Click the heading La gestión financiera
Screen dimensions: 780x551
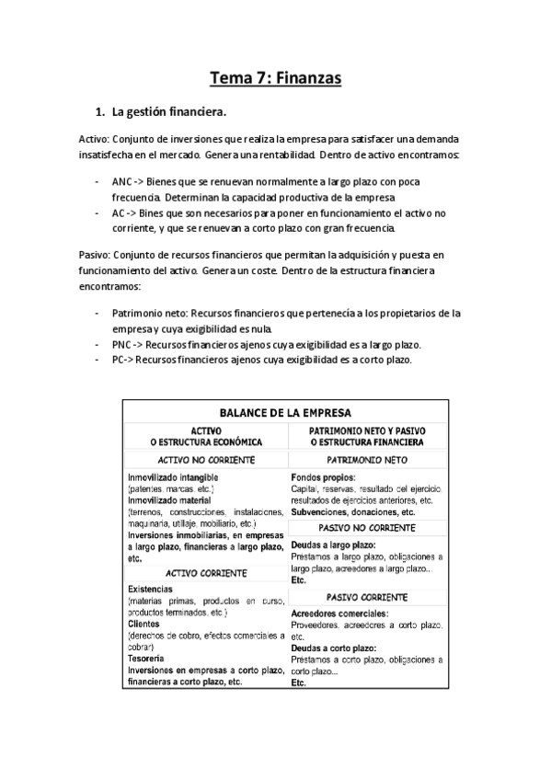click(x=168, y=113)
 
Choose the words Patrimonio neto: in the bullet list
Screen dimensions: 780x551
click(x=150, y=314)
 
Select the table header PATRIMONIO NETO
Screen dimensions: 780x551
click(x=367, y=459)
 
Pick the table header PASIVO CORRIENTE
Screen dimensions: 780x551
click(x=367, y=596)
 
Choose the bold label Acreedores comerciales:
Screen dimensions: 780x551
click(x=339, y=613)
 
